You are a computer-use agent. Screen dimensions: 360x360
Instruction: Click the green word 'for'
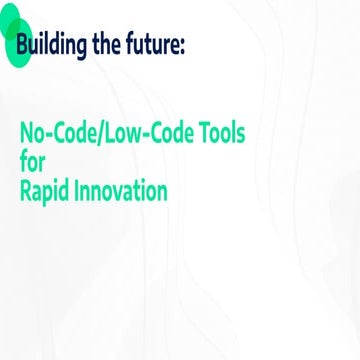click(33, 161)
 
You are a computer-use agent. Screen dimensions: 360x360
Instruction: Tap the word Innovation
click(123, 189)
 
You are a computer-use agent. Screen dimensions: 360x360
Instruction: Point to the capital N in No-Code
click(26, 133)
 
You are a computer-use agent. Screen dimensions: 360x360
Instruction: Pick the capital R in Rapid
click(26, 189)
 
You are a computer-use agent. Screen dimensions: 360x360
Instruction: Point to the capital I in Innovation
click(81, 189)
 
